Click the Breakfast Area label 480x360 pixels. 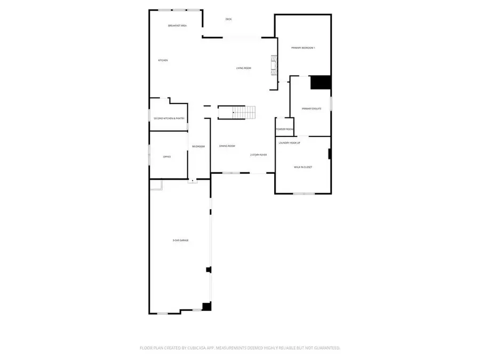click(177, 26)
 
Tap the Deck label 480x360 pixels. click(228, 19)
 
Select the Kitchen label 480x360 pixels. click(163, 60)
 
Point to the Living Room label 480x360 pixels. click(244, 68)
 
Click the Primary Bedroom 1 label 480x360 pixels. click(303, 48)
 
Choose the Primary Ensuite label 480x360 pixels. click(311, 108)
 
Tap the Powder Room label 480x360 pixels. click(284, 129)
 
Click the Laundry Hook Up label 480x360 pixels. click(290, 142)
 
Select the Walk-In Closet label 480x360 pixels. click(303, 167)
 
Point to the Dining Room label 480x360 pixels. click(227, 146)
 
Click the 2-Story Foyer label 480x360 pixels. click(259, 155)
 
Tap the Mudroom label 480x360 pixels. click(198, 147)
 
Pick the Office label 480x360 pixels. click(166, 156)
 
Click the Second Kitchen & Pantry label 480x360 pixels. click(169, 118)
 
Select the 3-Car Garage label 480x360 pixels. click(180, 240)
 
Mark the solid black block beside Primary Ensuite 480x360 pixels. click(321, 82)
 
